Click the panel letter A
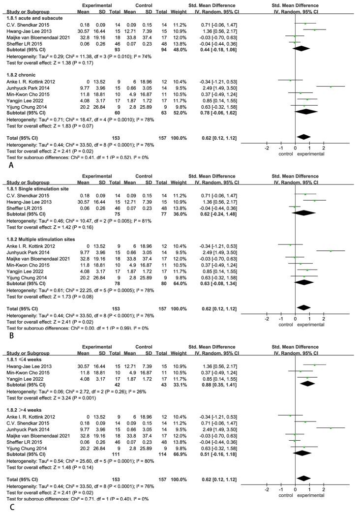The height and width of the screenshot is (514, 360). tap(4, 166)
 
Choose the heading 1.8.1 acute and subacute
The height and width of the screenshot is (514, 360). tap(31, 17)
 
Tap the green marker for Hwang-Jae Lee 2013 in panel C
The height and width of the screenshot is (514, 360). tap(314, 365)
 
